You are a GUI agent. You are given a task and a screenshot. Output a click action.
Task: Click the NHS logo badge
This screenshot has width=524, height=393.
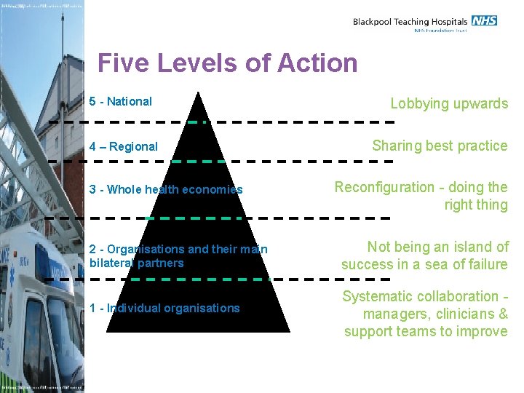(x=484, y=20)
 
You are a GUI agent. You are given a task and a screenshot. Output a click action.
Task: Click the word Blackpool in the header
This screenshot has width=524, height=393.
(x=372, y=22)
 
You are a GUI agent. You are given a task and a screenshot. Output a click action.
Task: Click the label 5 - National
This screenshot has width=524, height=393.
(x=120, y=102)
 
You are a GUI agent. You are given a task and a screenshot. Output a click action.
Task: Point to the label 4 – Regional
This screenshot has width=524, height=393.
(x=123, y=146)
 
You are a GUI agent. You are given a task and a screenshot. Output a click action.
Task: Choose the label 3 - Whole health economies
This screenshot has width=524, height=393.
(x=166, y=189)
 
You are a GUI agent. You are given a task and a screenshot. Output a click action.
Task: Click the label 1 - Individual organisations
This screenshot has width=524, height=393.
(x=164, y=308)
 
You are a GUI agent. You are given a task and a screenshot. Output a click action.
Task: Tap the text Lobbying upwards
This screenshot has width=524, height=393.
(x=449, y=103)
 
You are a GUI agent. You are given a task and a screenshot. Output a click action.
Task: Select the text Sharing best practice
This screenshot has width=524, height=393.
(x=440, y=146)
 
